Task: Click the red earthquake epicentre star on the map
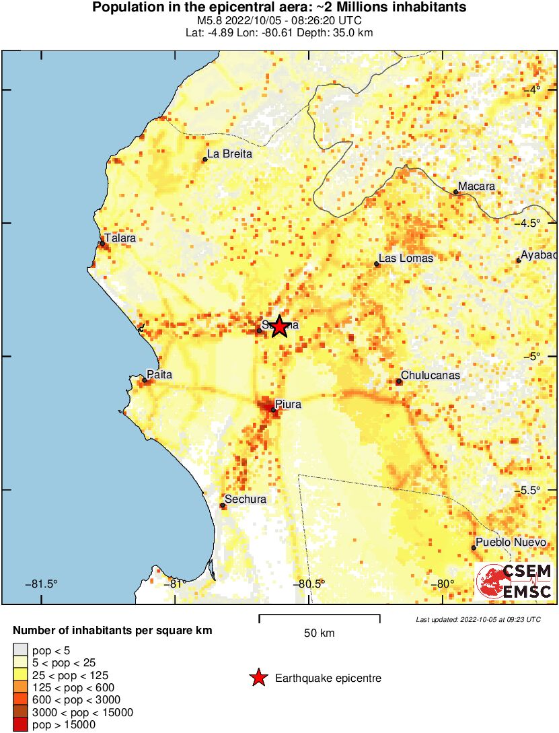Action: tap(279, 326)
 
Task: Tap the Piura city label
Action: tap(288, 404)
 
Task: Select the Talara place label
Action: tap(120, 238)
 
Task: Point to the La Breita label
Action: tap(229, 153)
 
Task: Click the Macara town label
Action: tap(476, 186)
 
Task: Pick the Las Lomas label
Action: tap(406, 258)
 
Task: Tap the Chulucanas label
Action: tap(431, 375)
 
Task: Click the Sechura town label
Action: tap(246, 499)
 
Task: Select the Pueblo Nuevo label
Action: tap(507, 542)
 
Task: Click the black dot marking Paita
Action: tap(144, 380)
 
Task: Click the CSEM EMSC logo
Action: tap(515, 582)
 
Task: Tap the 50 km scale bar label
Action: tap(319, 633)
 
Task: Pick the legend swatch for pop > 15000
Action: tap(21, 725)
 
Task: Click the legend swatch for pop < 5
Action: tap(21, 650)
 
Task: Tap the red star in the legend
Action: tap(258, 678)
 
